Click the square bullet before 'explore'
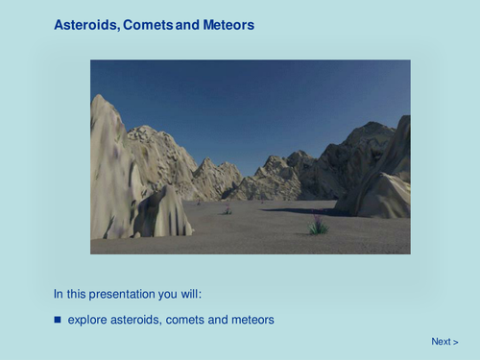pyautogui.click(x=57, y=319)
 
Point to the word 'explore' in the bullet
pyautogui.click(x=89, y=319)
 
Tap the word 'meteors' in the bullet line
pyautogui.click(x=252, y=319)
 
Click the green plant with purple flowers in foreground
pyautogui.click(x=318, y=227)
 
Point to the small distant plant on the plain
pyautogui.click(x=228, y=209)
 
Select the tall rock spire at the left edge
pyautogui.click(x=107, y=163)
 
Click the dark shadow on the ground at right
pyautogui.click(x=298, y=209)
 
